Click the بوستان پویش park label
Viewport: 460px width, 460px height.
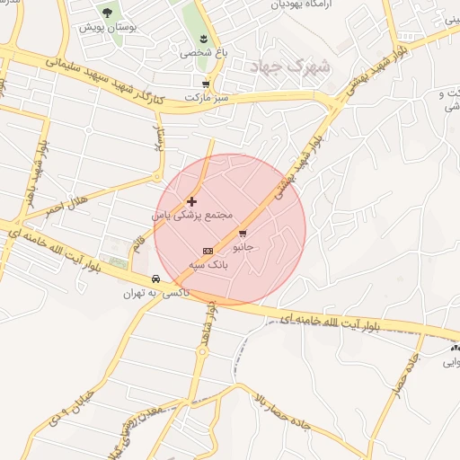(x=106, y=29)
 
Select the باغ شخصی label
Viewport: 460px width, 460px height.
(x=198, y=52)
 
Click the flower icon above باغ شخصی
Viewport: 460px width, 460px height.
(x=204, y=38)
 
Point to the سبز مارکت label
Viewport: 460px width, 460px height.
(x=207, y=95)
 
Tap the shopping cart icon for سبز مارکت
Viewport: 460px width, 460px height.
(x=206, y=84)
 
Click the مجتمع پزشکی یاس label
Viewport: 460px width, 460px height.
(x=191, y=216)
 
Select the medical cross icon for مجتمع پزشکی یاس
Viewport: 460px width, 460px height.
(x=191, y=201)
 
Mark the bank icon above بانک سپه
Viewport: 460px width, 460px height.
(x=208, y=251)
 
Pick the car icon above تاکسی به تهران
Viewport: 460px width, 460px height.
(x=156, y=279)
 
